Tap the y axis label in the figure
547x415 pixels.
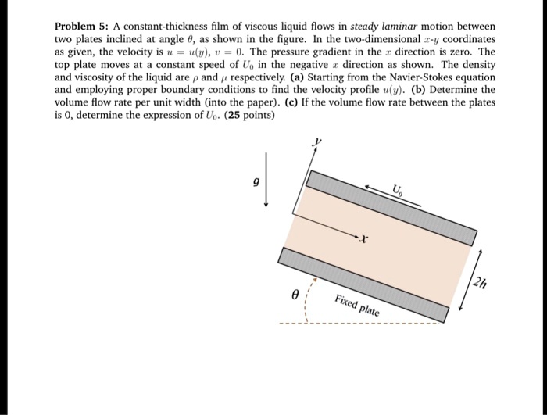click(317, 142)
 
